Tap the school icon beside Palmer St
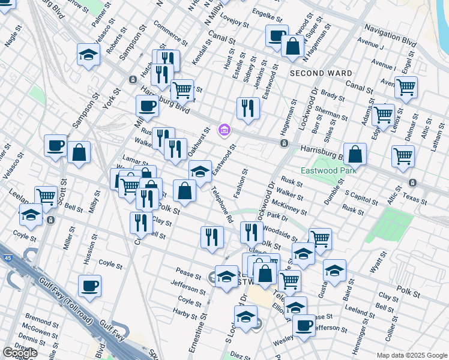88,56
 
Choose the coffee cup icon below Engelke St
277,35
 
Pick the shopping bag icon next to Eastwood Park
355,154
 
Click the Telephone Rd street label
221,205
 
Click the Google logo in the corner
20,353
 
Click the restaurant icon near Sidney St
248,108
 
